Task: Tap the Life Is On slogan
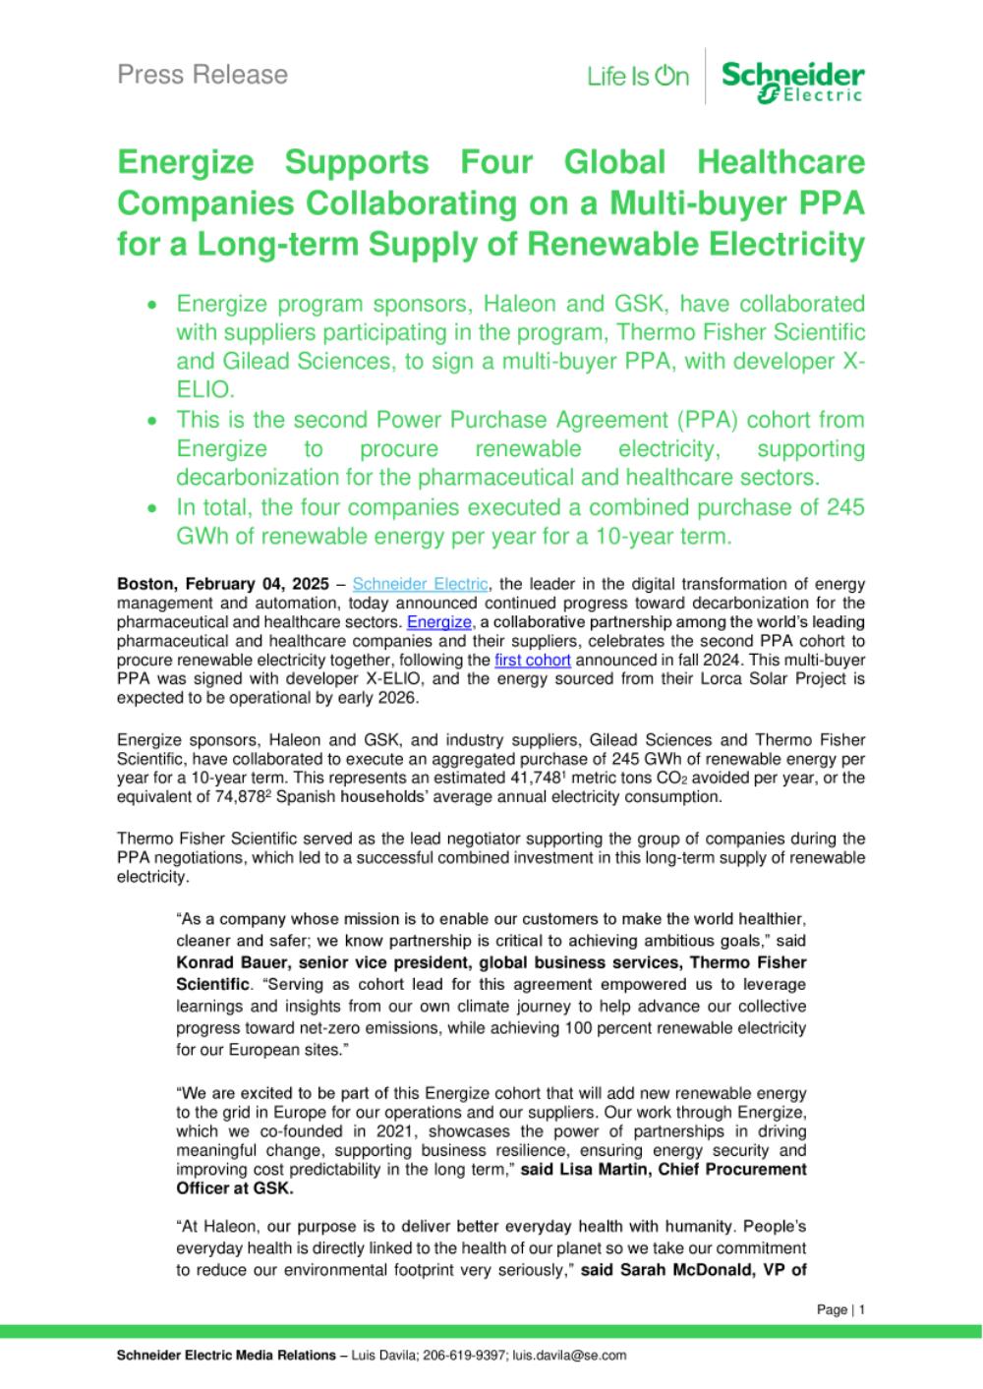coord(638,76)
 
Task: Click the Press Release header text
coord(202,75)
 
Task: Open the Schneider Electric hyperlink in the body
coord(420,584)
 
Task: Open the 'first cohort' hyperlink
coord(532,660)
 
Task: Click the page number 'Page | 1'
coord(840,1309)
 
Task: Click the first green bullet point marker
coord(151,306)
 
